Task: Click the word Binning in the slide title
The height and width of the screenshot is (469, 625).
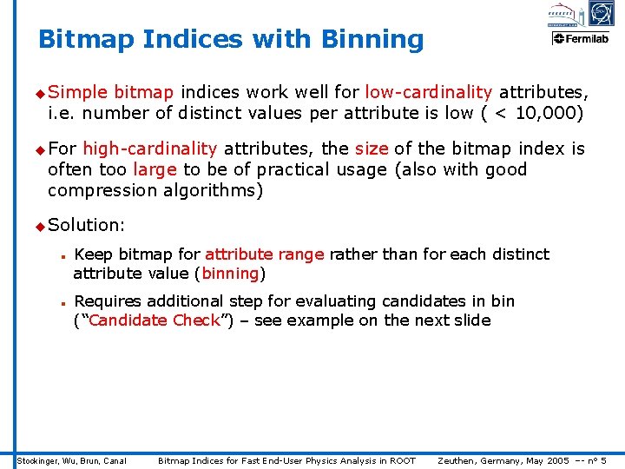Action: click(372, 40)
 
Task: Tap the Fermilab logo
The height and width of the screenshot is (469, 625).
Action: click(581, 38)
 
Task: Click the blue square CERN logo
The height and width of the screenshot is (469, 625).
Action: click(601, 14)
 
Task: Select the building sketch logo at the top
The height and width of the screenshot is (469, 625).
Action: click(563, 14)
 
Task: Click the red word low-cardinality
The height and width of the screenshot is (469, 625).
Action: click(429, 92)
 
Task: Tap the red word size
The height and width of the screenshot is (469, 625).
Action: click(372, 149)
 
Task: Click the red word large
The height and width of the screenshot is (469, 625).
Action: click(155, 170)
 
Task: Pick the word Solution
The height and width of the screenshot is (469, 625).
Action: click(85, 225)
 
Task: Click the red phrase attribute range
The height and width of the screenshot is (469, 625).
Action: click(264, 254)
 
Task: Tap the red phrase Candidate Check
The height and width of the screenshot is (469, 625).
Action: click(155, 320)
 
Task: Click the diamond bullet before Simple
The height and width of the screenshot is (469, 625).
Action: click(39, 93)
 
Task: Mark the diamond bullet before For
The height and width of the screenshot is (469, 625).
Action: click(39, 150)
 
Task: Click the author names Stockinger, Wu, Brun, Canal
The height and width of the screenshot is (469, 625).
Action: click(72, 460)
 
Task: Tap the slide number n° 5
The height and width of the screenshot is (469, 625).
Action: click(598, 460)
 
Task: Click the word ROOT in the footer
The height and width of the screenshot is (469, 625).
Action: click(402, 460)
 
